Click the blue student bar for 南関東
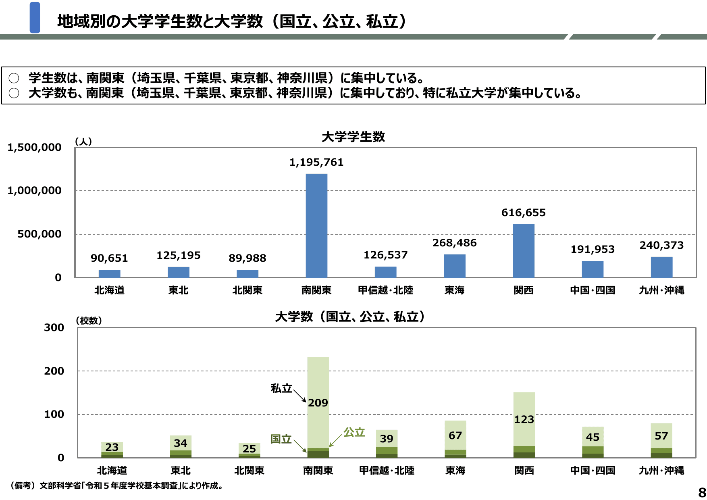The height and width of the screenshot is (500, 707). [316, 226]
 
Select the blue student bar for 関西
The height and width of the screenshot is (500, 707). [523, 251]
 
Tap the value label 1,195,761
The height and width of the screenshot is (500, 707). [316, 162]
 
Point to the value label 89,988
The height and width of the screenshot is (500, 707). [247, 258]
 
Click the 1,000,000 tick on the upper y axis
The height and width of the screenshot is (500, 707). [35, 191]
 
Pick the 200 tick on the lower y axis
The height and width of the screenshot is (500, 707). [54, 371]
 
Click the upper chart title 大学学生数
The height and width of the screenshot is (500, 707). [353, 137]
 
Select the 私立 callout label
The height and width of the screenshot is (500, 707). [281, 388]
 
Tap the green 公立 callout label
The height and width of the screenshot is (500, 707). [354, 432]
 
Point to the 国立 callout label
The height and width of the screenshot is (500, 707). [281, 439]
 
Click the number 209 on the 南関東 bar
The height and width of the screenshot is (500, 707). [318, 403]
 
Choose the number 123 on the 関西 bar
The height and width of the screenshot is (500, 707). [524, 420]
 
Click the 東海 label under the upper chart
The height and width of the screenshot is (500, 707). [454, 290]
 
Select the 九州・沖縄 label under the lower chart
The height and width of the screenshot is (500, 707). [661, 471]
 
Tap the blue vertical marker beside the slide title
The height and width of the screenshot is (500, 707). [35, 17]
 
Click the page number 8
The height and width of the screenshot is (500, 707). [702, 492]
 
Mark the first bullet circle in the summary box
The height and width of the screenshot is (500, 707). [14, 78]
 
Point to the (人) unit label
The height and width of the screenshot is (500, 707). [83, 142]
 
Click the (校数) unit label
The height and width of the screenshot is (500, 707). [89, 321]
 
